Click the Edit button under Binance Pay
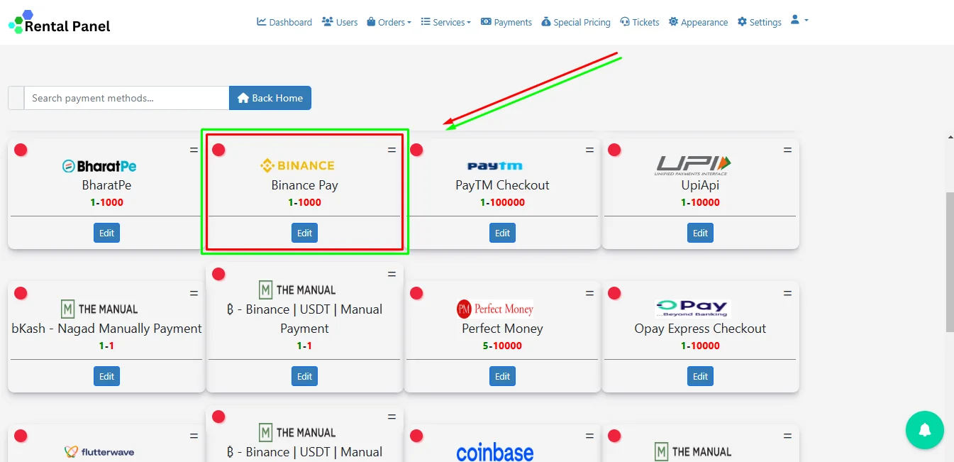coord(304,233)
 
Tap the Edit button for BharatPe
coord(106,233)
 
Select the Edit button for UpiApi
coord(700,233)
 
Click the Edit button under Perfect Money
coord(502,376)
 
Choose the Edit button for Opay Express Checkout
coord(700,376)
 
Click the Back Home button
coord(270,98)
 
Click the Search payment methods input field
coord(126,98)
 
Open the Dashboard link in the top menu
coord(284,22)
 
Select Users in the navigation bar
coord(340,22)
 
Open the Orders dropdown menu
coord(389,22)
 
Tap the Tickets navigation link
coord(640,22)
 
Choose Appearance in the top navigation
coord(698,22)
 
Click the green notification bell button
coord(924,429)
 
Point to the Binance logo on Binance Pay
coord(297,165)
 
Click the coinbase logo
coord(495,451)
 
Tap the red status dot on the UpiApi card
coord(614,150)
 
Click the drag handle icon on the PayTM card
coord(589,150)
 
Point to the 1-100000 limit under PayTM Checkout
coord(502,202)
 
